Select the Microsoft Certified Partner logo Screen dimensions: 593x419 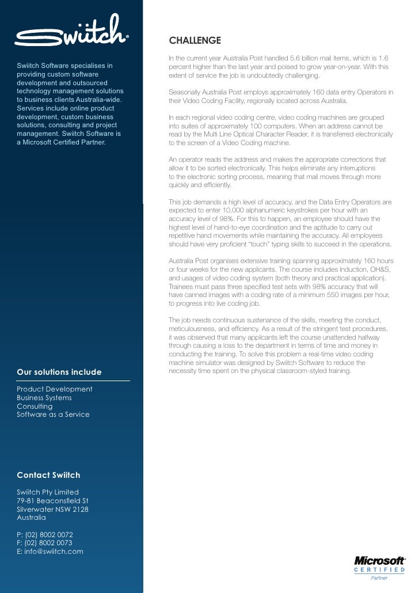tap(379, 567)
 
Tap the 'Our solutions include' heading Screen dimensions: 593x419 tap(59, 372)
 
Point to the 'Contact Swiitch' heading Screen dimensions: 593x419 tap(48, 476)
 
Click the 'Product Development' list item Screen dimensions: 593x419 tap(55, 389)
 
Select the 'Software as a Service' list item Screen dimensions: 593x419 tap(54, 415)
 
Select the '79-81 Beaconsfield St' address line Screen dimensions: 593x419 tap(52, 501)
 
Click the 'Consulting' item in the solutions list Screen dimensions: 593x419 tap(35, 406)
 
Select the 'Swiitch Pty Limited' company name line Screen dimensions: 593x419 tap(48, 493)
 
